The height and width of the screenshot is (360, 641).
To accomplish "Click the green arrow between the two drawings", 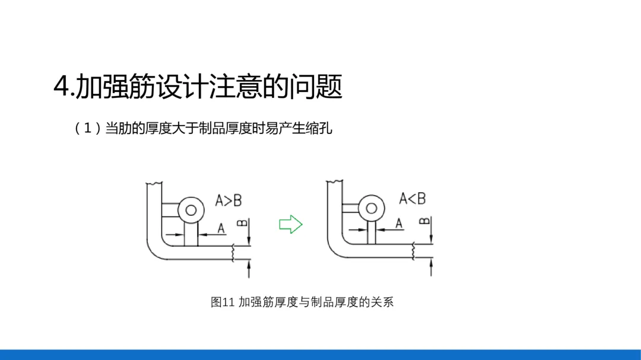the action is [291, 224].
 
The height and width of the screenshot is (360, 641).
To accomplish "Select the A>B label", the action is [229, 200].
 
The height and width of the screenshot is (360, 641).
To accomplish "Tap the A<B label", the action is [412, 199].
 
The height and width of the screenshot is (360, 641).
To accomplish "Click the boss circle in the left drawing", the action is [191, 209].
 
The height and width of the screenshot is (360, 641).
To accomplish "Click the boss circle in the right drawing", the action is [371, 208].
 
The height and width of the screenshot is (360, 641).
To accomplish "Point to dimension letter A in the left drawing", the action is [221, 227].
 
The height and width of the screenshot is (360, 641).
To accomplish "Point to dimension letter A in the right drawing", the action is [399, 223].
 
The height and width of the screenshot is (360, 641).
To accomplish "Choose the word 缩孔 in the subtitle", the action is [320, 128].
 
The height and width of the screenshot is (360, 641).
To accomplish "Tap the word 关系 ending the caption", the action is [382, 302].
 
